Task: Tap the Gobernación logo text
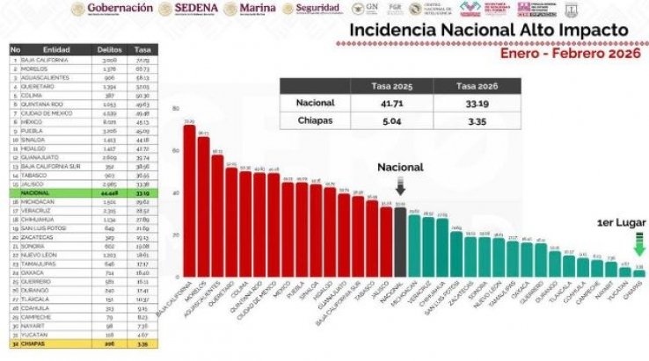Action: click(111, 9)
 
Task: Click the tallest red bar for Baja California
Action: click(189, 201)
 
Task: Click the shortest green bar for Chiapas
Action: click(639, 273)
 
